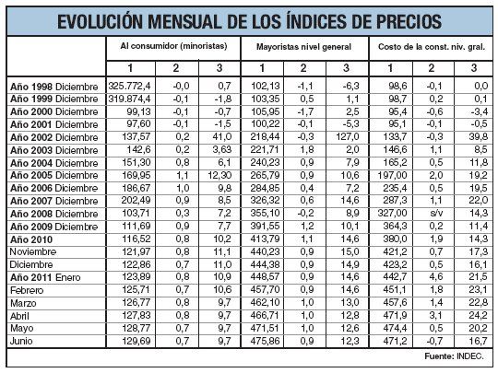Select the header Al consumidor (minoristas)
point(175,45)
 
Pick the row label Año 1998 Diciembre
point(53,84)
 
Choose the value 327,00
point(389,211)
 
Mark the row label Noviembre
point(33,250)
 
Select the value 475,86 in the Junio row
point(260,340)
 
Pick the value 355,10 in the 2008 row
point(260,211)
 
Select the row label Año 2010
point(30,237)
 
